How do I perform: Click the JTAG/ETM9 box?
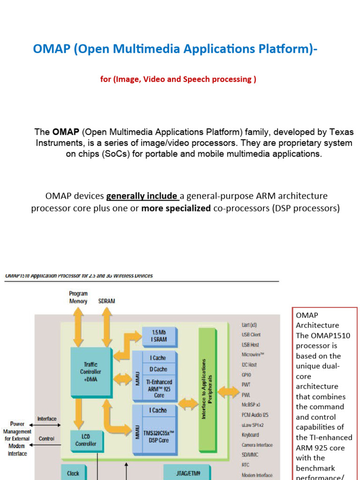click(187, 473)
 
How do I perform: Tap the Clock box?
click(73, 473)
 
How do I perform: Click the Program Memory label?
click(78, 298)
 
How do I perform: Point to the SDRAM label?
click(106, 301)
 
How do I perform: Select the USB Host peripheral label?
click(250, 345)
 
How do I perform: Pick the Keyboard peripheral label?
click(250, 435)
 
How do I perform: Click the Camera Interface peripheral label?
click(257, 445)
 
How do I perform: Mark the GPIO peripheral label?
click(247, 375)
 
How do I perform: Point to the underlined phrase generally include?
click(142, 196)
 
